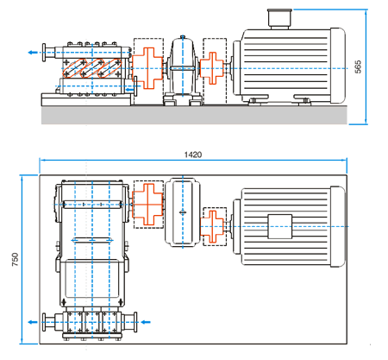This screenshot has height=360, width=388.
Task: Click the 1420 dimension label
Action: (193, 155)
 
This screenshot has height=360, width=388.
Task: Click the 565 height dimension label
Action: (358, 66)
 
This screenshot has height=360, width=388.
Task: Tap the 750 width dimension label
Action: (15, 259)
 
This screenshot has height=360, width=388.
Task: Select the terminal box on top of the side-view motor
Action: (279, 19)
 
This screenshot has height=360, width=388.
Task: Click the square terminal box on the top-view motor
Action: (279, 226)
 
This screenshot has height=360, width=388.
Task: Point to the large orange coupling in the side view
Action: (147, 68)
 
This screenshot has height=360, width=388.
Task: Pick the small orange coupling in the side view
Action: (212, 68)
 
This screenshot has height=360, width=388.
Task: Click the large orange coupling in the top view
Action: (147, 205)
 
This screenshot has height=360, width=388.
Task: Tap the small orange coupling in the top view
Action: (212, 226)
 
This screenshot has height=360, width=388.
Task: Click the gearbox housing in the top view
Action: (183, 212)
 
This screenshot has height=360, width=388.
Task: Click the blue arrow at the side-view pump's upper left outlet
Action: (33, 53)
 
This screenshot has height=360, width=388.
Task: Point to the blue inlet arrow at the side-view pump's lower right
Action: (130, 90)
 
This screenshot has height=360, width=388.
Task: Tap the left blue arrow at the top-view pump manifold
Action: (33, 322)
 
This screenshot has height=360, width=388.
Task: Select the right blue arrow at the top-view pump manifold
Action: (146, 322)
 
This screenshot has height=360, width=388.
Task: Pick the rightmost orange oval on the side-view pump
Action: (110, 68)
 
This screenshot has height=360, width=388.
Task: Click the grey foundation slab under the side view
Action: (194, 115)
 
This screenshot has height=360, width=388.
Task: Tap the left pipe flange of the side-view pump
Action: (44, 53)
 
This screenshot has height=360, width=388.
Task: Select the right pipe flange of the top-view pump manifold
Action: (135, 322)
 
